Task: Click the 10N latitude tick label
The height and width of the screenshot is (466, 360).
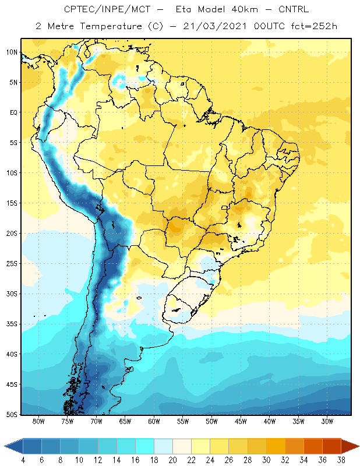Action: tap(12, 52)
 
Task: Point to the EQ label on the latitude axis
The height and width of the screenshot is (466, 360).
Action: tap(13, 112)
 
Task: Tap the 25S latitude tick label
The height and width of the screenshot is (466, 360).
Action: tap(12, 264)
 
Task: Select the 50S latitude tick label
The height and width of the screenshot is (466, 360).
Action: tap(12, 415)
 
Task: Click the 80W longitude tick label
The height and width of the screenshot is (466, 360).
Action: tap(38, 421)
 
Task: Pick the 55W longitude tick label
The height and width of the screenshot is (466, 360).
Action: tap(183, 421)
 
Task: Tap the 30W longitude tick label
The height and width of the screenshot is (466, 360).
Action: tap(327, 421)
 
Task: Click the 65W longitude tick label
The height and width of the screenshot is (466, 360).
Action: tap(125, 421)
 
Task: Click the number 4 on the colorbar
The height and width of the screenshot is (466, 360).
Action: tap(23, 460)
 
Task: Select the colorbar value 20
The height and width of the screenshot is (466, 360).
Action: tap(172, 460)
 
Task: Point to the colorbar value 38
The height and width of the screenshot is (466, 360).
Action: tap(341, 460)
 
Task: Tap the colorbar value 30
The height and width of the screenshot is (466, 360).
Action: tap(266, 460)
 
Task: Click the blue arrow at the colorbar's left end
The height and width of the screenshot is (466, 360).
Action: tap(13, 446)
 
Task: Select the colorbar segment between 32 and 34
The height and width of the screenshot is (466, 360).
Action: tap(294, 446)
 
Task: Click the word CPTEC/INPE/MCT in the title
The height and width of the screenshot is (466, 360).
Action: tap(107, 9)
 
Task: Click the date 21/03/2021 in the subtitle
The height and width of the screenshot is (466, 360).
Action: tap(215, 26)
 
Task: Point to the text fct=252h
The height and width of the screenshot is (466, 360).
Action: tap(314, 26)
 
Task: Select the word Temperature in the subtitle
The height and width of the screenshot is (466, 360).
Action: tap(111, 26)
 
